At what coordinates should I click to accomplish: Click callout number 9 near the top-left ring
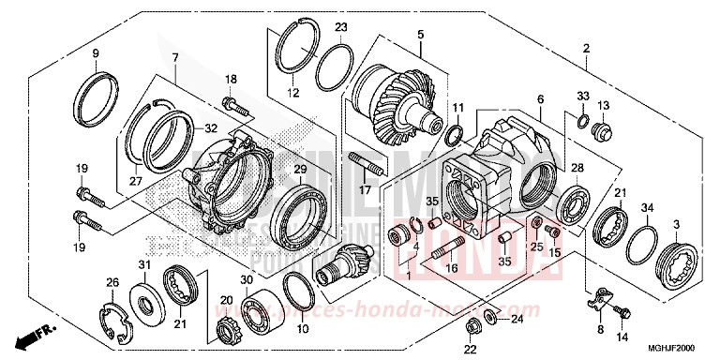pos(95,53)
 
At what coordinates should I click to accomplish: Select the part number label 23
pos(341,26)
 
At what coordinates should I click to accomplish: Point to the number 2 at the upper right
pos(586,49)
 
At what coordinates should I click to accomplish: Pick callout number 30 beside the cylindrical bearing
pos(247,279)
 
